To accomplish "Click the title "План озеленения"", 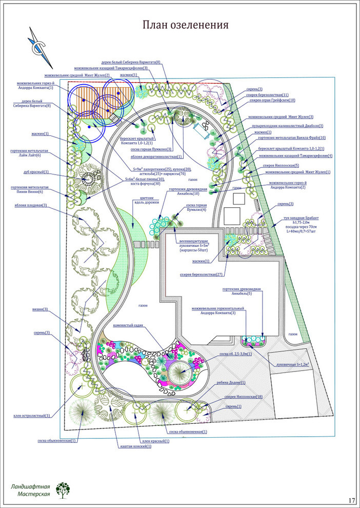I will pos(185,25).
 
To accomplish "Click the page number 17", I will pos(351,500).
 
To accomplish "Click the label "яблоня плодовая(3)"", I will pos(30,205).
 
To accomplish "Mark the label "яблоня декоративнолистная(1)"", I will pos(158,156).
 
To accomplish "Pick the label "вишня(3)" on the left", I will pos(39,309).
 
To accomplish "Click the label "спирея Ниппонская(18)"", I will pos(244,397).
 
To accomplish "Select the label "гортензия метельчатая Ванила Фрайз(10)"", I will pos(292,138).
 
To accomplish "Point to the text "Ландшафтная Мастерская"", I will pos(30,490).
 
